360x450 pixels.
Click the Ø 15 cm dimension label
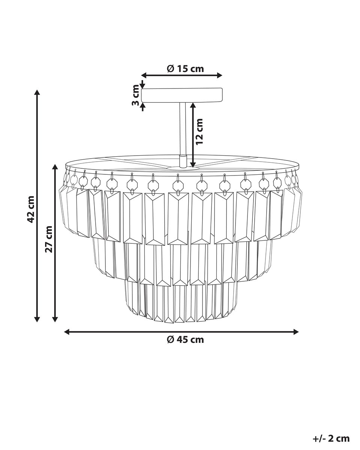185,69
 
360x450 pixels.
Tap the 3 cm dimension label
136,95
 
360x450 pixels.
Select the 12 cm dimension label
199,131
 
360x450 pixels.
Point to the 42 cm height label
31,209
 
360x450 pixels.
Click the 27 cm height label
49,239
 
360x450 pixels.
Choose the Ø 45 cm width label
185,340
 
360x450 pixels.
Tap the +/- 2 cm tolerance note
331,433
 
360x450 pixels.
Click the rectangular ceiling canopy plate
182,95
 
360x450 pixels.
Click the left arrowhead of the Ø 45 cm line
66,331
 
